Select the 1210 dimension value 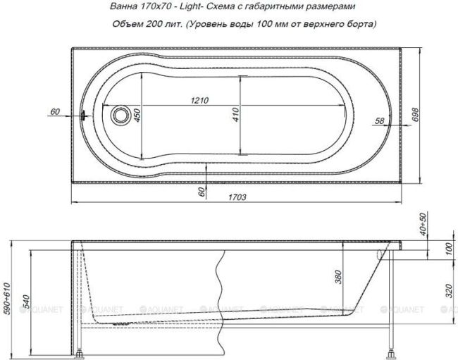(x=198, y=101)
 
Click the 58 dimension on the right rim (x=378, y=120)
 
